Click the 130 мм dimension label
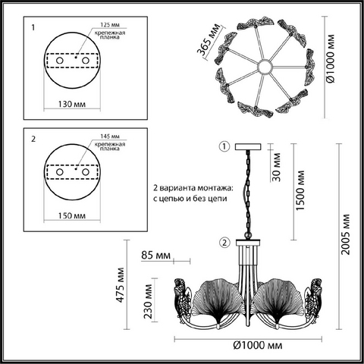click(72, 104)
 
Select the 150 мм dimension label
click(72, 215)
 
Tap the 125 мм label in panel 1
click(110, 25)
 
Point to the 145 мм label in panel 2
click(110, 136)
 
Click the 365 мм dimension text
click(209, 39)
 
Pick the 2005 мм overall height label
click(345, 234)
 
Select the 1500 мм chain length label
click(300, 190)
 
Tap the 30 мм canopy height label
click(277, 167)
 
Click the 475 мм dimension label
click(121, 285)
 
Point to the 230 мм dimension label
click(148, 301)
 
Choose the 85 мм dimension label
click(155, 255)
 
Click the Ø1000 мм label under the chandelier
click(258, 345)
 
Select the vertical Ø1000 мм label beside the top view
click(331, 58)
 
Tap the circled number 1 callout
click(224, 146)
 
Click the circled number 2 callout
click(224, 243)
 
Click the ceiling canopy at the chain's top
click(248, 147)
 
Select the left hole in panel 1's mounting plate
click(60, 61)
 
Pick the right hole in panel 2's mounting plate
click(86, 172)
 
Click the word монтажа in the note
click(215, 188)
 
